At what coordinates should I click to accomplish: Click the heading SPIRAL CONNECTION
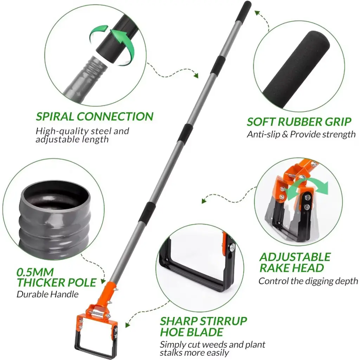[95, 116]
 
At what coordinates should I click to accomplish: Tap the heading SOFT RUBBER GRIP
[299, 122]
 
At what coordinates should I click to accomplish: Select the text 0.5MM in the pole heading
[35, 272]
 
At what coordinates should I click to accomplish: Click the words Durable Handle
[47, 294]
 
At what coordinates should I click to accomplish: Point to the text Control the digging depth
[308, 281]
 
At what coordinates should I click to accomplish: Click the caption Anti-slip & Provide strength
[301, 134]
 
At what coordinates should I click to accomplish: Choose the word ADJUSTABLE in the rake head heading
[295, 257]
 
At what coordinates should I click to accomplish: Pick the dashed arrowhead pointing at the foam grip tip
[257, 13]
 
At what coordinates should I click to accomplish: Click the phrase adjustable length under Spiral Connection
[72, 140]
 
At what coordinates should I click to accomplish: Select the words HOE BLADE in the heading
[192, 332]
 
